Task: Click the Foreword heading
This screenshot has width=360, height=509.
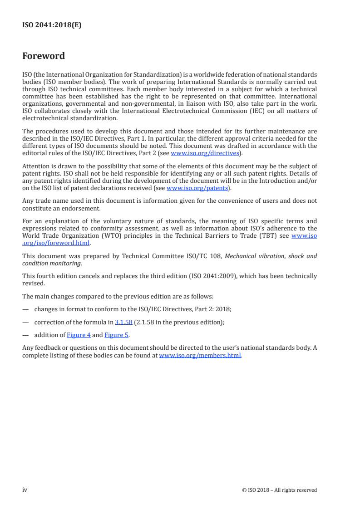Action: pyautogui.click(x=44, y=56)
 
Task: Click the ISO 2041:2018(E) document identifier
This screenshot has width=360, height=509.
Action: pyautogui.click(x=52, y=25)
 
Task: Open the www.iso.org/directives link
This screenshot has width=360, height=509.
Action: pyautogui.click(x=205, y=153)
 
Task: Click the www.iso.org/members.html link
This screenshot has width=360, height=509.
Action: pyautogui.click(x=200, y=356)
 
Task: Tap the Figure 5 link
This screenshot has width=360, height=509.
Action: pyautogui.click(x=116, y=335)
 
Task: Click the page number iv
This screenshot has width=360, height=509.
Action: pyautogui.click(x=25, y=489)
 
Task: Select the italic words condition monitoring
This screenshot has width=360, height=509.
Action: pyautogui.click(x=46, y=263)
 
